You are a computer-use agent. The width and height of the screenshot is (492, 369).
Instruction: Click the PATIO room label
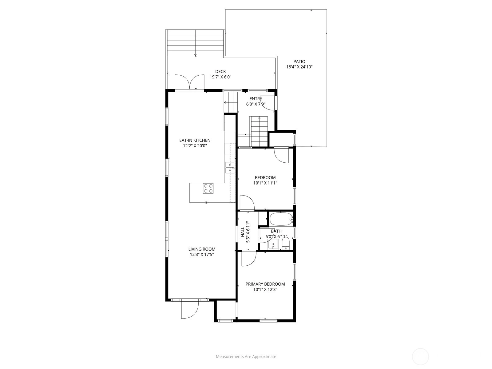299,61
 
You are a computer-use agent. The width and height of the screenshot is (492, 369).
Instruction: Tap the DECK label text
220,71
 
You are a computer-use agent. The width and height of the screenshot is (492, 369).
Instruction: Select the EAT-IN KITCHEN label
195,140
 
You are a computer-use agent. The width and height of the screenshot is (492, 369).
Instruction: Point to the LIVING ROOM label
202,249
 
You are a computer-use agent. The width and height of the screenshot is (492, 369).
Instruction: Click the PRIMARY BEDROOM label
265,284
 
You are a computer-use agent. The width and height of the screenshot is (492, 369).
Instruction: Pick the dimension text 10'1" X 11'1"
265,183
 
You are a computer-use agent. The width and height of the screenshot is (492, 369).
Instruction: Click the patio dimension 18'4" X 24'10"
299,67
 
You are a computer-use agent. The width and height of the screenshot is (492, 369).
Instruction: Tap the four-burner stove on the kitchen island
208,188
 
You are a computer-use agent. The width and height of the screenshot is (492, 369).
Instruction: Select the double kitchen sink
230,168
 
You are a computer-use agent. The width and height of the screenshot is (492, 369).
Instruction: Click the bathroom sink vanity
273,244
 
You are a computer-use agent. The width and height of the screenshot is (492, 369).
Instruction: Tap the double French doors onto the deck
190,82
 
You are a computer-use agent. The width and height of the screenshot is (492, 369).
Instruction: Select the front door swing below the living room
190,309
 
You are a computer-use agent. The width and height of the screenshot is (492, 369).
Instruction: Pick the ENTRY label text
256,99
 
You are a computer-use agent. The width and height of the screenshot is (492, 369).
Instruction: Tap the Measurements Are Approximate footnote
246,356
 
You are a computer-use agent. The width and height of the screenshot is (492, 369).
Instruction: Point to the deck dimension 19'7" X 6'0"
220,77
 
